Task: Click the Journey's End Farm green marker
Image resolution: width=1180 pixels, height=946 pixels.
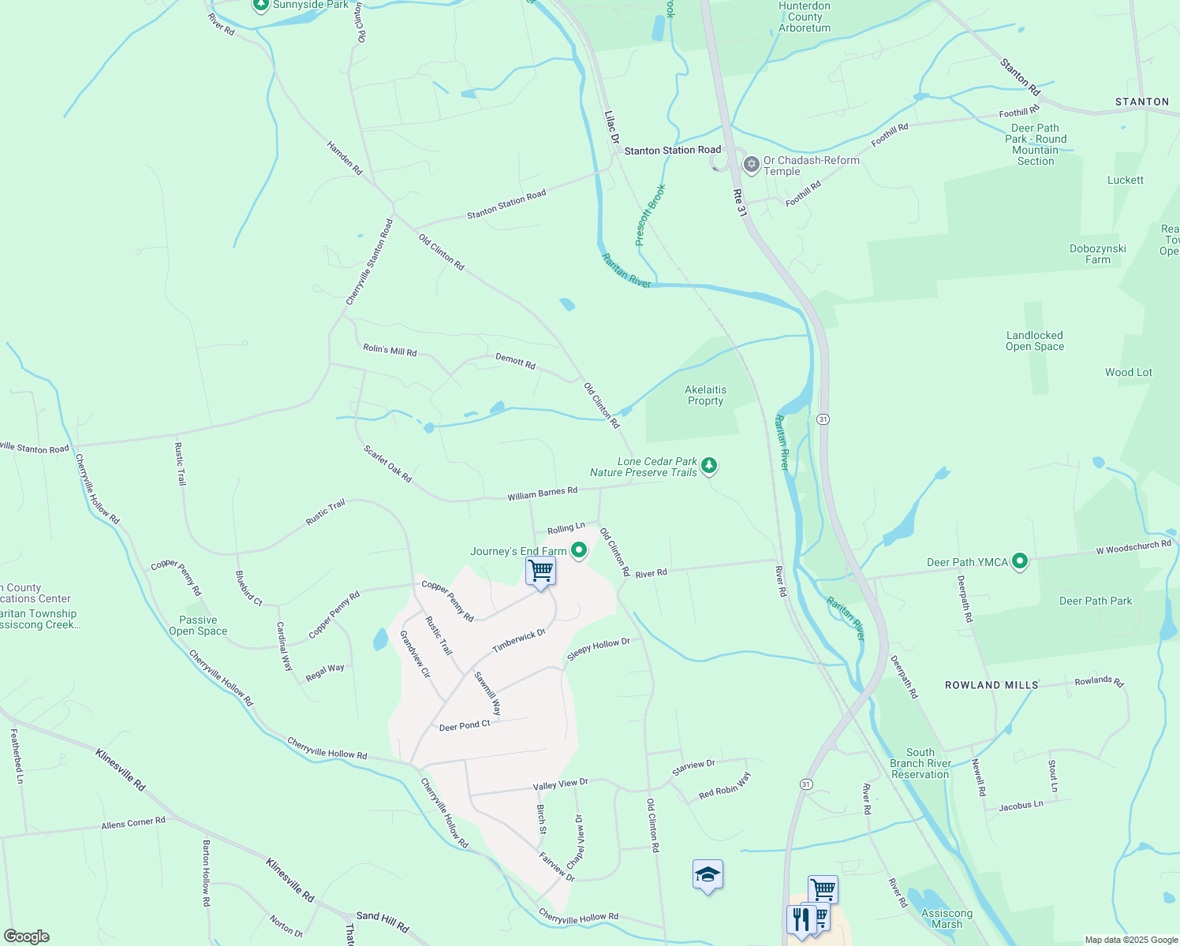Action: [x=579, y=550]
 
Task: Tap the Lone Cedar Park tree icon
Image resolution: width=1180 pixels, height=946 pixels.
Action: [x=709, y=466]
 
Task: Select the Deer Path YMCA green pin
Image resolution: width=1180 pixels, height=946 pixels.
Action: [x=1020, y=561]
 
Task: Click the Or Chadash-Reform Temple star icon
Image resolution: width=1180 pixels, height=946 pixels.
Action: [x=752, y=165]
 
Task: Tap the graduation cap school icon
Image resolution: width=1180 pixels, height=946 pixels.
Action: [x=708, y=874]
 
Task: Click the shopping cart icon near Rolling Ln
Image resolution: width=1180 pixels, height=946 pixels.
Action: [x=541, y=570]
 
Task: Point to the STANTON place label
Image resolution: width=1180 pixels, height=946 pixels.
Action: [x=1141, y=102]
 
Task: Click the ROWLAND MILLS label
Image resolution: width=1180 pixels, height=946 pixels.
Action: [x=991, y=685]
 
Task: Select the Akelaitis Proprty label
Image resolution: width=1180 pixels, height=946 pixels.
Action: [x=705, y=395]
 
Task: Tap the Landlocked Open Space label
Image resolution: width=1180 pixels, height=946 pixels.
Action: [x=1034, y=341]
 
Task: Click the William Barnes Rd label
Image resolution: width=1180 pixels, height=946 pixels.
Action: [x=542, y=493]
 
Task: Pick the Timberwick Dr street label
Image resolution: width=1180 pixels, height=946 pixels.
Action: [x=518, y=641]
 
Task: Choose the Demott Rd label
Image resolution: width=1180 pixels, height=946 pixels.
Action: [x=515, y=361]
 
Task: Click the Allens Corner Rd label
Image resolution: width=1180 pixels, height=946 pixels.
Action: [x=133, y=823]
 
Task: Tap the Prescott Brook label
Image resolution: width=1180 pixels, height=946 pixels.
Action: [x=651, y=214]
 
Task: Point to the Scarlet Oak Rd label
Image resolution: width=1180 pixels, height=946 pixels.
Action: [x=387, y=464]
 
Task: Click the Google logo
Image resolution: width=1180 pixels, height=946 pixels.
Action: [x=26, y=937]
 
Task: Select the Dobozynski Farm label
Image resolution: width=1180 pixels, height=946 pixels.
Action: [x=1097, y=254]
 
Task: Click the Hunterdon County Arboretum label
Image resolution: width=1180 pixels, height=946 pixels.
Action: [x=805, y=17]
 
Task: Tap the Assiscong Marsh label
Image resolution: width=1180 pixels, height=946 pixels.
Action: [x=947, y=918]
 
